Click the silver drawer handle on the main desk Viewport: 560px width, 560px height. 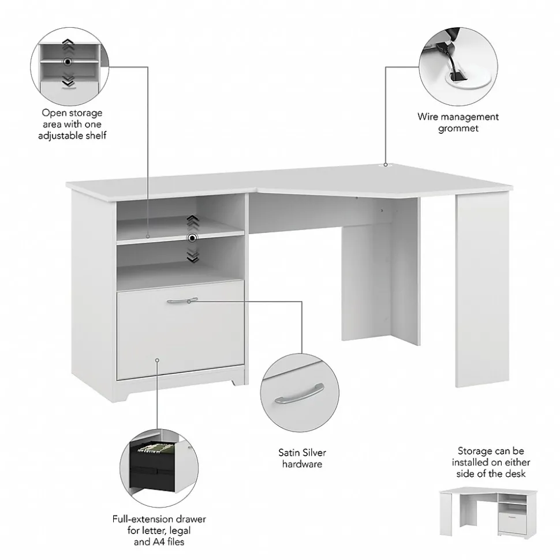(x=182, y=300)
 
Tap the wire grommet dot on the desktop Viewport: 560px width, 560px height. (x=386, y=164)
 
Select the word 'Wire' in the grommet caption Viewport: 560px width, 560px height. (x=428, y=116)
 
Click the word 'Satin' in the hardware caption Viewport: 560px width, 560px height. (x=289, y=453)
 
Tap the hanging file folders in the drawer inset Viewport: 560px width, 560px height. (x=156, y=448)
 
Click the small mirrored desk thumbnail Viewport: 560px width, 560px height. (x=488, y=513)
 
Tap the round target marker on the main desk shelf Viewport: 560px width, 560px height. (x=192, y=238)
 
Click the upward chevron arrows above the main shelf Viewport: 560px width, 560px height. (x=192, y=222)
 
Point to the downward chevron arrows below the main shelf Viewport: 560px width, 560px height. (x=193, y=255)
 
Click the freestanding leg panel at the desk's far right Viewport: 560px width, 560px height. (x=482, y=290)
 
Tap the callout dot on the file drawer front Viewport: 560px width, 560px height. (x=157, y=360)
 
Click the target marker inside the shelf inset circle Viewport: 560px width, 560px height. (x=67, y=62)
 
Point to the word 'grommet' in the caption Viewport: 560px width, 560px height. (x=458, y=129)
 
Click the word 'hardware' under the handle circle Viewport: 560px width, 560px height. (x=302, y=464)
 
